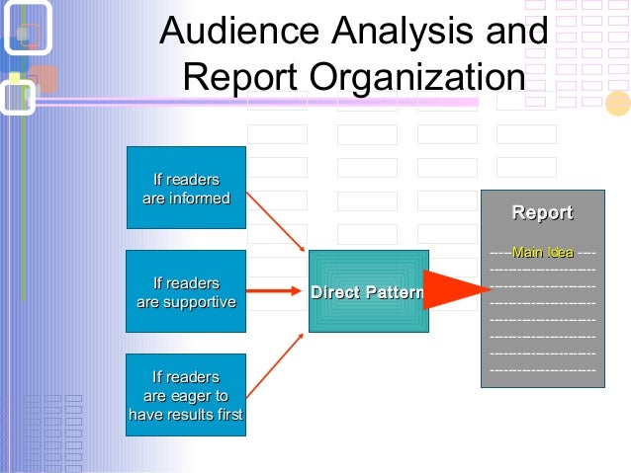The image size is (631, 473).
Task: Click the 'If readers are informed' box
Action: coord(186,188)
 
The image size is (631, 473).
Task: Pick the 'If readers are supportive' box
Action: coord(186,291)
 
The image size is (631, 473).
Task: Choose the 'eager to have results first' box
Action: coord(186,395)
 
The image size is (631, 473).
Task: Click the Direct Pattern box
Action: coord(368,292)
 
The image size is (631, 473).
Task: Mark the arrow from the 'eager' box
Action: coord(274,361)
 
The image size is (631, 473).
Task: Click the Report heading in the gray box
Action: coord(541,213)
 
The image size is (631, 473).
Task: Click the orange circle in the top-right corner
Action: coord(617,103)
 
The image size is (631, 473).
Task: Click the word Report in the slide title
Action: coord(238,78)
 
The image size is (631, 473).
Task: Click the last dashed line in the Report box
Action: coord(542,368)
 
